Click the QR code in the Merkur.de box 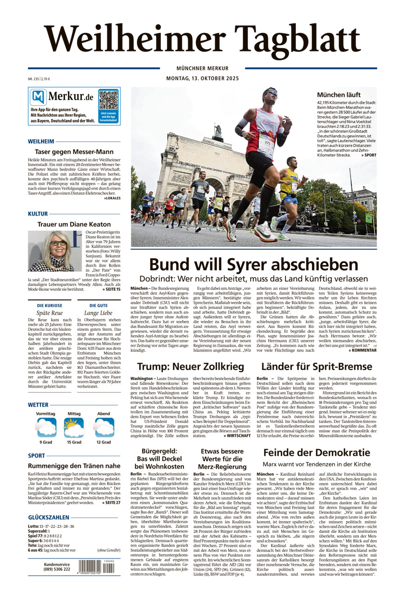click(x=108, y=100)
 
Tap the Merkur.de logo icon click(x=38, y=98)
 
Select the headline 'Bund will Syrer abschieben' click(x=253, y=265)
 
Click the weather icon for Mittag click(x=74, y=427)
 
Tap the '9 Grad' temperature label click(x=46, y=442)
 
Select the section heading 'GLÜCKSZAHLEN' click(x=49, y=517)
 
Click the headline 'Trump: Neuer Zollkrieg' click(x=191, y=367)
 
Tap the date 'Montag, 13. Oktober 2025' click(x=202, y=79)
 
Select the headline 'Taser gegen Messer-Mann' click(x=74, y=152)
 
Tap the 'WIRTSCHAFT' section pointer click(x=237, y=436)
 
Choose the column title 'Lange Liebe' click(x=98, y=313)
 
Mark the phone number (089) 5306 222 click(x=57, y=569)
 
